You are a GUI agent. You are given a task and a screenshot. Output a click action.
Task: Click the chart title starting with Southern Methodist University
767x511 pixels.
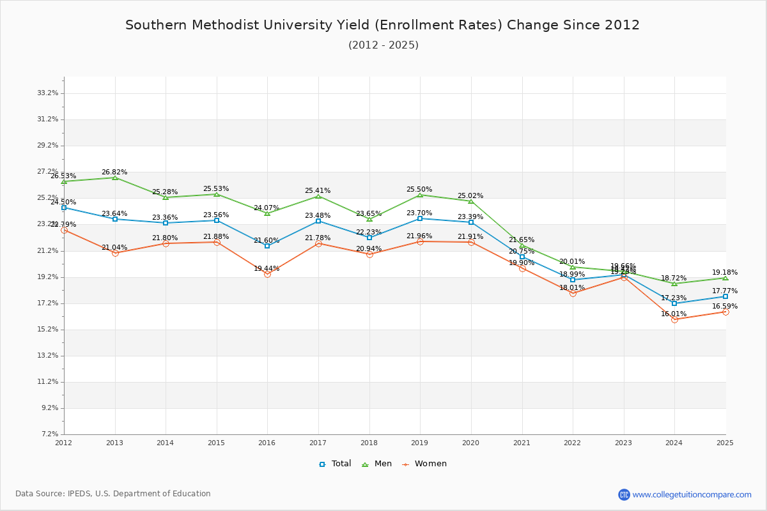point(382,26)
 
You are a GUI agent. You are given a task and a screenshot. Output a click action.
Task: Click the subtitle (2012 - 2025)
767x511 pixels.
point(383,45)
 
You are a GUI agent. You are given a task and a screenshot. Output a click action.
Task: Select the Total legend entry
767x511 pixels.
point(335,464)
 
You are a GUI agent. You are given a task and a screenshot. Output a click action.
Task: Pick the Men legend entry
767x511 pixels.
point(378,464)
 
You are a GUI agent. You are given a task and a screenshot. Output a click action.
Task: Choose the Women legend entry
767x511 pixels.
point(424,464)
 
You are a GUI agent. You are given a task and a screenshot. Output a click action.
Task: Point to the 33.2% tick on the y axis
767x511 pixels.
point(48,93)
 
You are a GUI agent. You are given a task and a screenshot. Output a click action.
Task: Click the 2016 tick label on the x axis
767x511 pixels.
point(267,443)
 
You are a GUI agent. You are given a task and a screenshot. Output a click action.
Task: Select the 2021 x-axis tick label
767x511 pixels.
point(522,443)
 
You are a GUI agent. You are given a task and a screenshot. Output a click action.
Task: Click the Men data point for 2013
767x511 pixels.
point(115,178)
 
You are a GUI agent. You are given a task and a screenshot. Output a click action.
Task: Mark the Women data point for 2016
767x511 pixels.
point(267,274)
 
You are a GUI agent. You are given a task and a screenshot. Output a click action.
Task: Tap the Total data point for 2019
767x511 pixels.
point(420,218)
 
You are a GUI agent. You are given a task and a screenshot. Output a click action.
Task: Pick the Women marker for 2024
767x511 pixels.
point(674,319)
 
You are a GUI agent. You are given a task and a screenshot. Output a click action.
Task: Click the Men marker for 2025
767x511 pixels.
point(725,278)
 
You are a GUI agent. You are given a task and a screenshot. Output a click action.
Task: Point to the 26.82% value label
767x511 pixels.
point(114,172)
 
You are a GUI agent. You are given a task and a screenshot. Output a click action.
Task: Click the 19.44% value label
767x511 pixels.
point(267,269)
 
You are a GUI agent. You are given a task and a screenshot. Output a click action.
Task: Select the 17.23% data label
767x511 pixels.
point(674,298)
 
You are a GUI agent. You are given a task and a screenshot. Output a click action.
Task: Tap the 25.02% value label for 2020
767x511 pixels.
point(470,196)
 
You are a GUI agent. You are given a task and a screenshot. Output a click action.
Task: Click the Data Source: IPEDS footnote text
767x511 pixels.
point(113,494)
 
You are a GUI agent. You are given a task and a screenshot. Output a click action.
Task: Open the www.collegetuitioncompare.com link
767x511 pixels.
point(692,494)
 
